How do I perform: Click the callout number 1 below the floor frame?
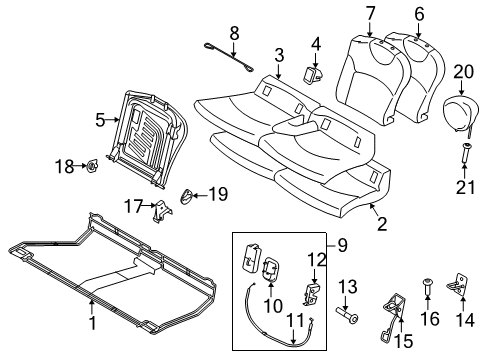92,323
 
